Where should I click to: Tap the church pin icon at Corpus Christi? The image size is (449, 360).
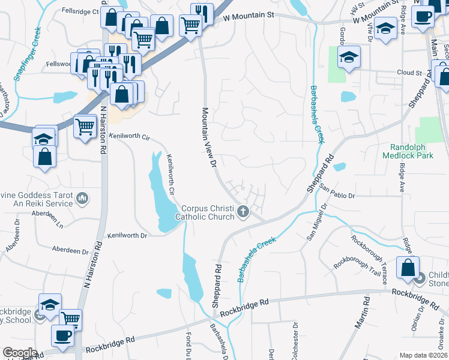243,211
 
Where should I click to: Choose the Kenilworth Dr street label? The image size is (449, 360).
127,236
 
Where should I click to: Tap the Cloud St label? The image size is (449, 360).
410,73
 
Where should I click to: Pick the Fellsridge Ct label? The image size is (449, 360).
80,11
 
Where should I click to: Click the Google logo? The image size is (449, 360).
20,353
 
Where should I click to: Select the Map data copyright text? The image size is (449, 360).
423,355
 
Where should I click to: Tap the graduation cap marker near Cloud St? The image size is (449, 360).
348,57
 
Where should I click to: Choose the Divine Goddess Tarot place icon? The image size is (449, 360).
83,197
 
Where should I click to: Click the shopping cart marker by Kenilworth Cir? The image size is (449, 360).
85,126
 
